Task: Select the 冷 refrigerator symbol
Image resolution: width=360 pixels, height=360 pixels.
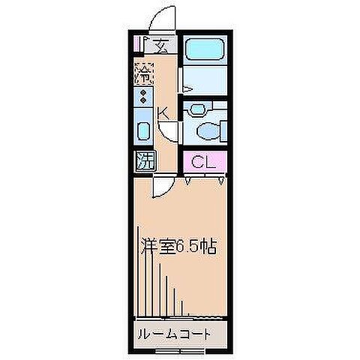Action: [x=143, y=73]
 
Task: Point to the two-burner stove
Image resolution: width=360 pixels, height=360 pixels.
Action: [x=142, y=96]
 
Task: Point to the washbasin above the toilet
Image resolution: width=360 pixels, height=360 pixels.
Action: [x=197, y=109]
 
